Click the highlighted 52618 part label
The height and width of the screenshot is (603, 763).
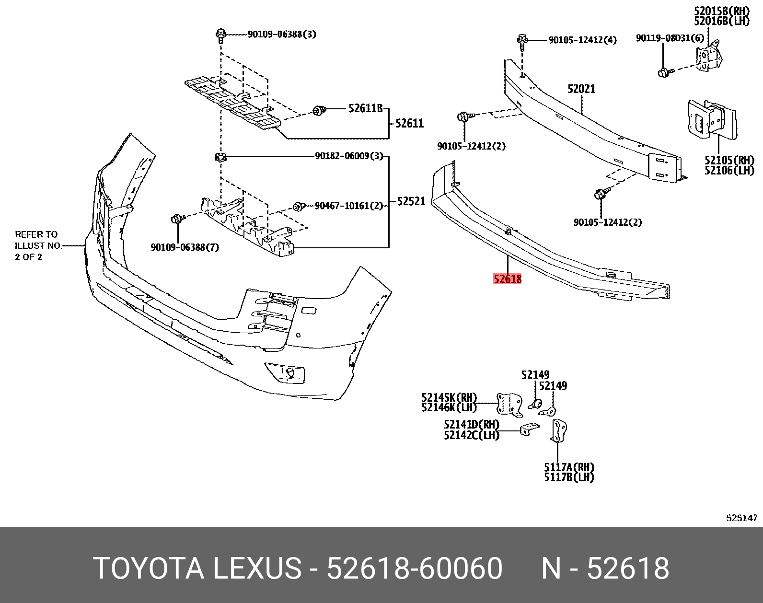[507, 279]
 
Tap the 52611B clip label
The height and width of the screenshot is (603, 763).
[365, 109]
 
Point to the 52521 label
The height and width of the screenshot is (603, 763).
[411, 201]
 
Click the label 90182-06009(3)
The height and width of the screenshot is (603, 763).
[349, 156]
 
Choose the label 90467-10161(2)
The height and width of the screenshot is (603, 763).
[349, 206]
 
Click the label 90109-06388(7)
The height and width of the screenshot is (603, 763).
[185, 247]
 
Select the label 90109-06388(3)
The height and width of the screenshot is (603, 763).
[282, 35]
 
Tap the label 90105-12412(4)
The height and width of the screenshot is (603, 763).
[582, 40]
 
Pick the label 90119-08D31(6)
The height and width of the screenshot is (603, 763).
[670, 38]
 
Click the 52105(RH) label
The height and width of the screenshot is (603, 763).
[729, 160]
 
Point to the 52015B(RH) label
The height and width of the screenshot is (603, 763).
[721, 10]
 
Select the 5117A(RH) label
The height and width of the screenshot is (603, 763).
[569, 467]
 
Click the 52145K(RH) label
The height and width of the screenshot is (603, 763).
[449, 397]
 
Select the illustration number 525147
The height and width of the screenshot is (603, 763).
[741, 518]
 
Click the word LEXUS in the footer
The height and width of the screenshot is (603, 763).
[257, 568]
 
